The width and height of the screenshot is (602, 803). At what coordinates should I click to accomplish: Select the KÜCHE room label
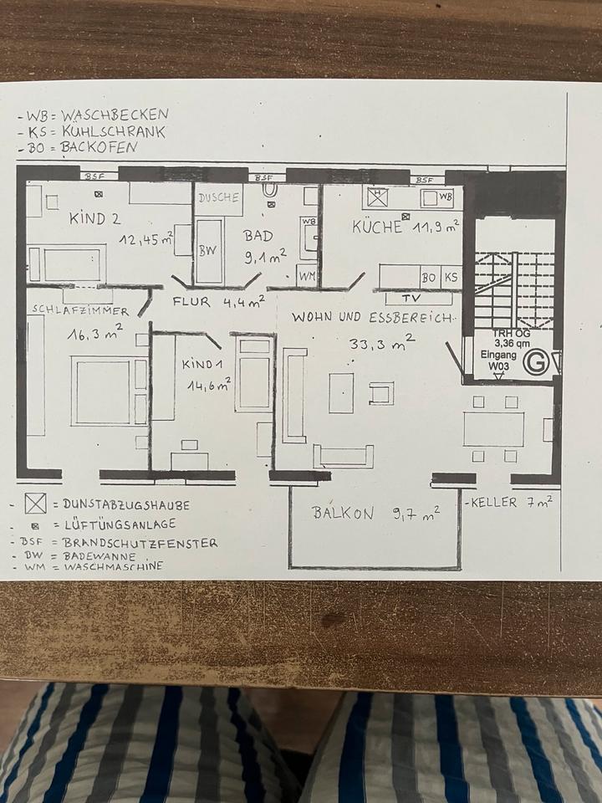coord(376,227)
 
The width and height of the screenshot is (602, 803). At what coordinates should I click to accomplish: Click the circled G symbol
coord(536,364)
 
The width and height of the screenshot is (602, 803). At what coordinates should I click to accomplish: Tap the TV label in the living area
coord(411,298)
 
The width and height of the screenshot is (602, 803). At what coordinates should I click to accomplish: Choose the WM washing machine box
coord(306,274)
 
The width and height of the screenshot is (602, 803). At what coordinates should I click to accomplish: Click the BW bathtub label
coord(207,251)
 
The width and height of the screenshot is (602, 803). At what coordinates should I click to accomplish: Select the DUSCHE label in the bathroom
coord(219,199)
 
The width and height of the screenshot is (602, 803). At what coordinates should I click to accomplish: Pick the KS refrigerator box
coord(451,276)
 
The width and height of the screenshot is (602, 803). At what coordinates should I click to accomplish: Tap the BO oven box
coord(430,276)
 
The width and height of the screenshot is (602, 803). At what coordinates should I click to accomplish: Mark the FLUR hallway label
coord(191,302)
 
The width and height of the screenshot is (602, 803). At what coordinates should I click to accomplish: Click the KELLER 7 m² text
coord(511,503)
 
